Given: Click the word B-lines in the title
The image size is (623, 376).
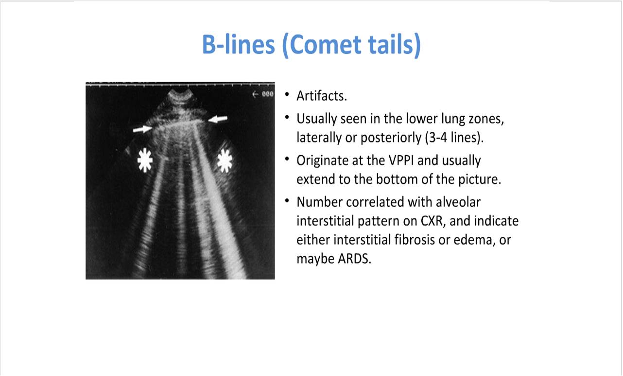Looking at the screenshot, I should [x=238, y=45].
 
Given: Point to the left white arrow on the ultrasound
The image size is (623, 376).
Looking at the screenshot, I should [x=142, y=129].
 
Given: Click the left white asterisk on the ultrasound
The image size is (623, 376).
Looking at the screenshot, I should [x=144, y=161].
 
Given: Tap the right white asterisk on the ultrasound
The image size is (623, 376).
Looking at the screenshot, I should [x=225, y=161].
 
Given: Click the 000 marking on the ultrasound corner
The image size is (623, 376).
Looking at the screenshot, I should [x=268, y=94].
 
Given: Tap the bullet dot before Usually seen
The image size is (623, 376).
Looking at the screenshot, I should [x=287, y=117].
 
